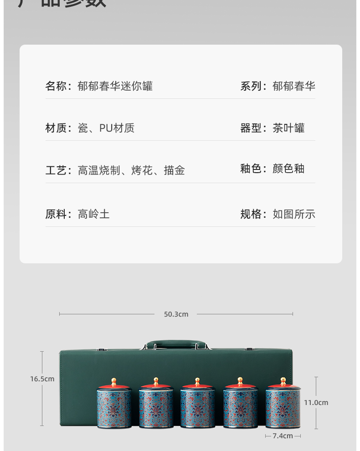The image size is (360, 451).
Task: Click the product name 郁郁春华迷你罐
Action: coord(115,86)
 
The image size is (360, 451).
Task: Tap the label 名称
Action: coord(56,86)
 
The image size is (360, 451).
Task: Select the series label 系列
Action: coord(251,86)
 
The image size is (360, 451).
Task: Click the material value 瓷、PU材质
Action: coord(106,128)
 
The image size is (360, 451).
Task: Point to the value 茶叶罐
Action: coord(288,128)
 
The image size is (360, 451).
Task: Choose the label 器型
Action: coord(251,128)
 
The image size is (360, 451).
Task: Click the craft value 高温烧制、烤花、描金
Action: coord(131,170)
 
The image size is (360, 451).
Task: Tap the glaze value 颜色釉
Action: coord(288,169)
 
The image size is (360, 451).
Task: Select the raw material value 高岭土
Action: coord(94,214)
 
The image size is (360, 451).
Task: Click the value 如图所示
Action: coord(294,214)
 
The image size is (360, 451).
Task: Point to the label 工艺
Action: coord(56,170)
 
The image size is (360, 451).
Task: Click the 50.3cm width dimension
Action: coord(176,314)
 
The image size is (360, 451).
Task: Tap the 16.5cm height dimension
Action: coord(42,379)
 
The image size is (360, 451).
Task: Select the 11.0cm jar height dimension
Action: coord(316,403)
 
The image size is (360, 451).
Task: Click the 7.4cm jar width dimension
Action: coord(283,436)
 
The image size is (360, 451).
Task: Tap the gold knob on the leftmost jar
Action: coord(114,381)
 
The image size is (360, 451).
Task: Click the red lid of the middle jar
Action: coord(197,387)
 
